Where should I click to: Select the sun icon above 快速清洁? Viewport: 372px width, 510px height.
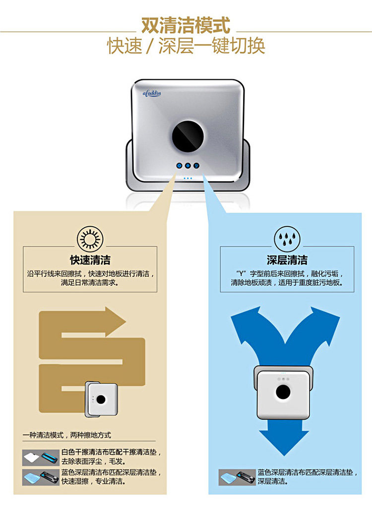pos(89,240)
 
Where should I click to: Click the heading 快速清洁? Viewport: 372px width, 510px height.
pos(90,260)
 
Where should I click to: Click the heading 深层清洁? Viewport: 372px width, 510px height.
pos(287,260)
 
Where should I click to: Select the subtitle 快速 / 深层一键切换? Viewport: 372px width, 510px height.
pos(186,46)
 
